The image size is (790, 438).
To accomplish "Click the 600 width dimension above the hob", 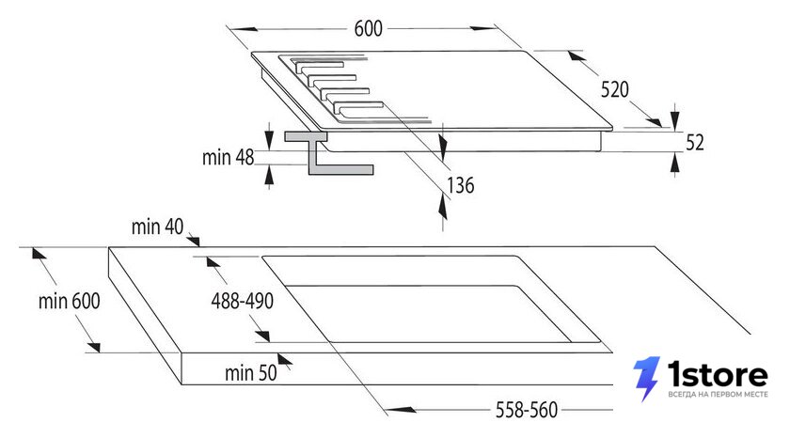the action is coord(369,29).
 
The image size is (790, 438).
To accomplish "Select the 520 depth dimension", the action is coord(615,89).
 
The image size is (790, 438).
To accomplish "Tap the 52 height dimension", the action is coord(695,143).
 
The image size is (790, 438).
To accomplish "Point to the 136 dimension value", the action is coord(461,185).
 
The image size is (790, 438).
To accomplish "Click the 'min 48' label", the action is coord(228,157).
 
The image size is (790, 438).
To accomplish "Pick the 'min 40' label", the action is coord(157,227).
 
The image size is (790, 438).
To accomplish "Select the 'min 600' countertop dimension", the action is coord(69,301).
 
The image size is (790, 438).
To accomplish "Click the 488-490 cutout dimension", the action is coord(243,301).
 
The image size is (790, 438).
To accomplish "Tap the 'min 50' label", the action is coord(250,373).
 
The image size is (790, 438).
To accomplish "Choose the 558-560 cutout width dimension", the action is coord(527,410).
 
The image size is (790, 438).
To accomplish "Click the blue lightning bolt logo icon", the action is coord(646,379).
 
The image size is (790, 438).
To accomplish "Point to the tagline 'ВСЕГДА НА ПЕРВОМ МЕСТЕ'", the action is coord(718,394).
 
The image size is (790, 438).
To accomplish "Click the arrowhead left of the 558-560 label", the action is coord(400,410).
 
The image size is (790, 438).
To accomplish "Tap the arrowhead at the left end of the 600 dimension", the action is coord(245,29).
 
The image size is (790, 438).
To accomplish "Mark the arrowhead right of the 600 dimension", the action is coord(483,28).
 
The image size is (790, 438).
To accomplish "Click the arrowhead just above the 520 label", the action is coord(577,55).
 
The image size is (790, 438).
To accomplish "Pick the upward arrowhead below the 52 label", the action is coord(675,163).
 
